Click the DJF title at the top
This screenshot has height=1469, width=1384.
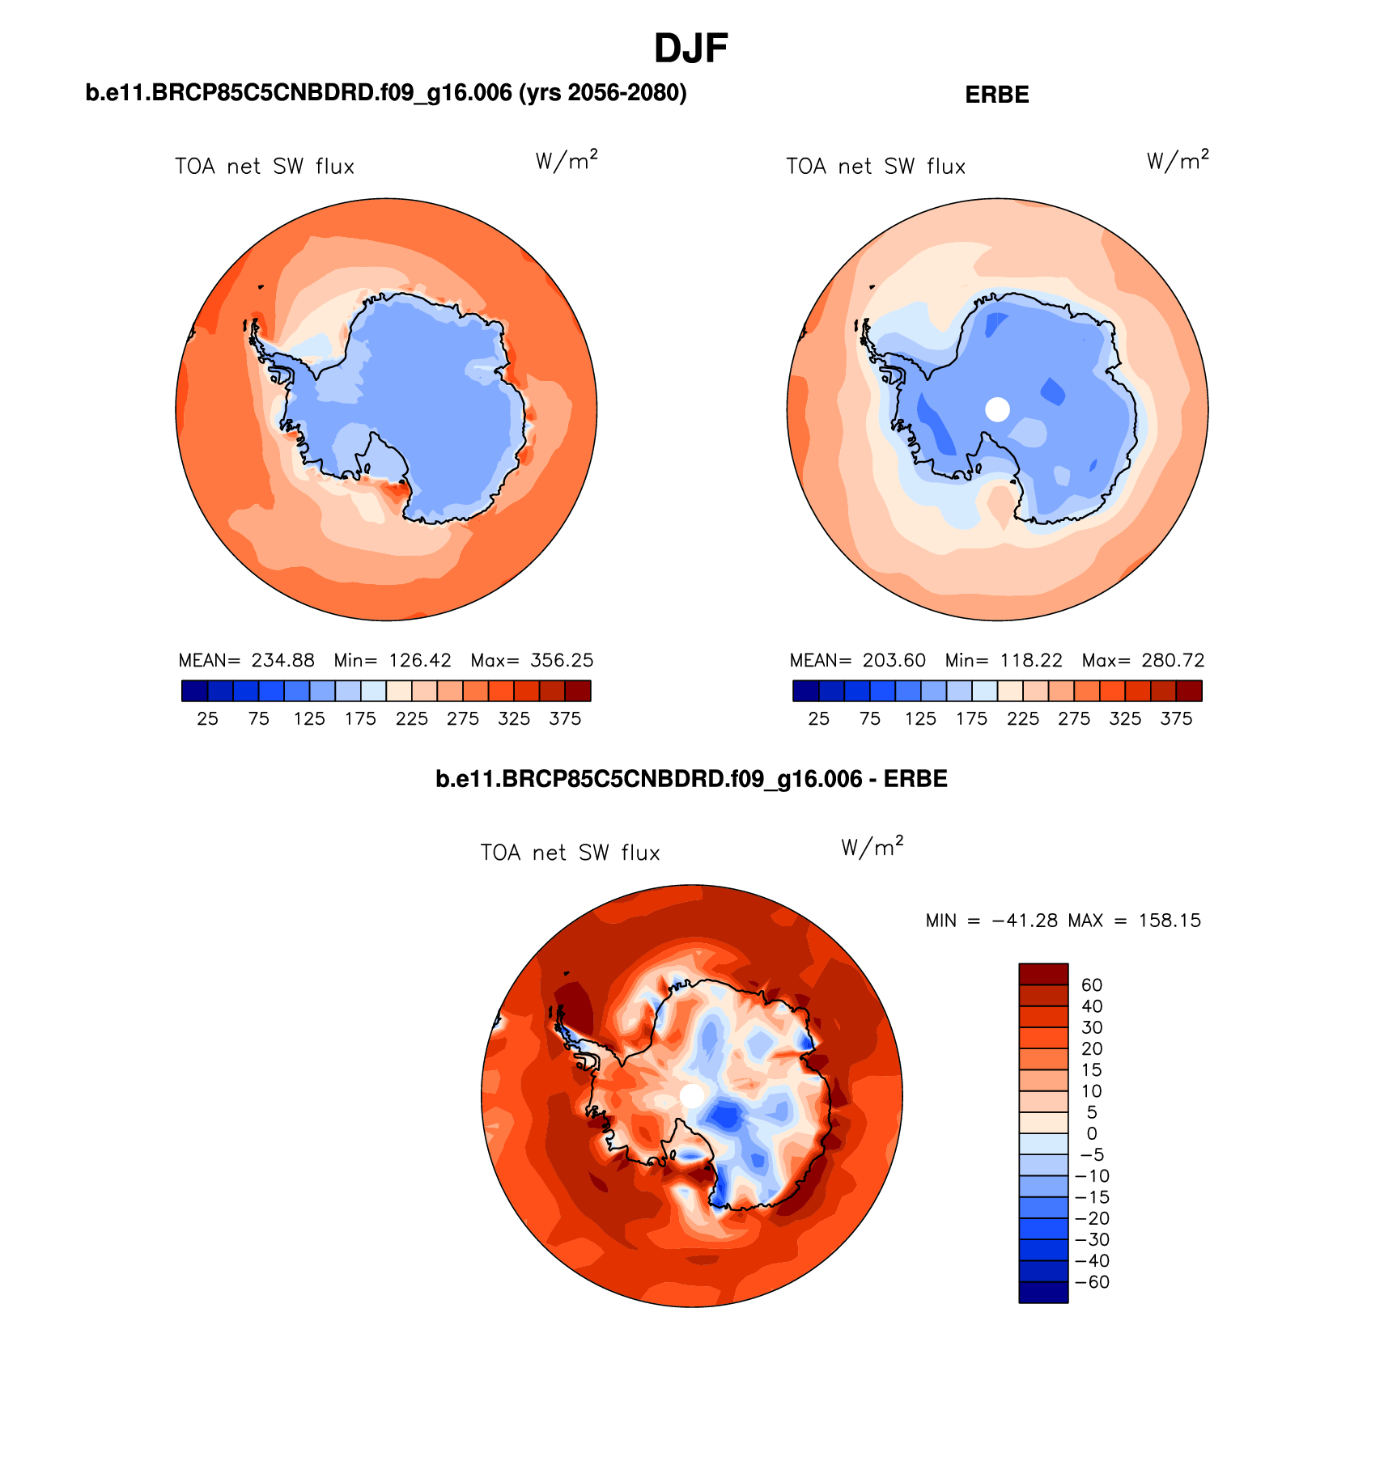(690, 49)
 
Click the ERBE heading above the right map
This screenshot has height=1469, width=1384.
(996, 95)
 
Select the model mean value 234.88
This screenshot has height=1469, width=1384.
(282, 660)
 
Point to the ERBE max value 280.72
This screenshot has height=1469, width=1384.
(1173, 660)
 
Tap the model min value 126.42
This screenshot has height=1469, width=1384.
(420, 660)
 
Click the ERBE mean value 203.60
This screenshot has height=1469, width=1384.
(894, 660)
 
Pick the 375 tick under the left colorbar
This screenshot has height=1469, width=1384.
(565, 718)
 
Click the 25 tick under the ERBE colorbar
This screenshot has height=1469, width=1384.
(818, 718)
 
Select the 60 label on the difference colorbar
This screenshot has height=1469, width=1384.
(1091, 984)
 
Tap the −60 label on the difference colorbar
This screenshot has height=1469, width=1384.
(1091, 1282)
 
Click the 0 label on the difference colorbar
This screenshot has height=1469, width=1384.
(1091, 1133)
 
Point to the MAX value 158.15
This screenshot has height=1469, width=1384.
(1170, 921)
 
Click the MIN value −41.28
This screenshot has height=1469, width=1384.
(1024, 921)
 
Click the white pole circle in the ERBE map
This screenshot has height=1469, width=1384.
(997, 409)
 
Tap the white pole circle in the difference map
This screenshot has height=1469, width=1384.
(692, 1096)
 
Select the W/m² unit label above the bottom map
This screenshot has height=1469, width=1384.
(872, 847)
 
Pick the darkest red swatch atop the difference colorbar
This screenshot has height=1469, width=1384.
(1043, 974)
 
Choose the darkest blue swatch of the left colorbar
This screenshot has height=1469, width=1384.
(195, 691)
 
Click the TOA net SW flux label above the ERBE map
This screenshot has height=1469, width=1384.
(876, 167)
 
